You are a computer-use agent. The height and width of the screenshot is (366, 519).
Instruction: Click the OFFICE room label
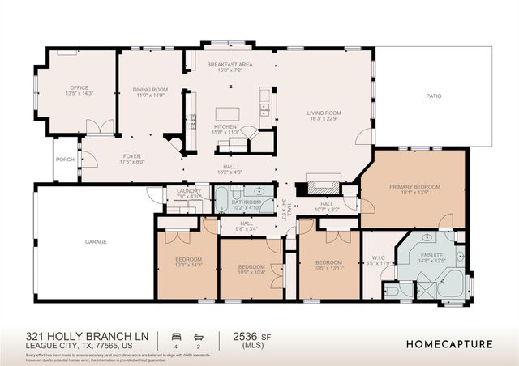[79, 87]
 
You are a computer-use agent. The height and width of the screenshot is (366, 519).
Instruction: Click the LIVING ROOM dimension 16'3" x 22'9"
[323, 119]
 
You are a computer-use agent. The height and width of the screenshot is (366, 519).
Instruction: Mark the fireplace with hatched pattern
[316, 183]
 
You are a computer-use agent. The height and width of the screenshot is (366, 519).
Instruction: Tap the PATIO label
[435, 96]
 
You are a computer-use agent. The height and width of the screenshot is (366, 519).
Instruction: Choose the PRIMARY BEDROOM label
[414, 187]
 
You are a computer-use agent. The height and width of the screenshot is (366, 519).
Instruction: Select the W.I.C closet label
[379, 259]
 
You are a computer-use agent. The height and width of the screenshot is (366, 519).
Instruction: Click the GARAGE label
[97, 241]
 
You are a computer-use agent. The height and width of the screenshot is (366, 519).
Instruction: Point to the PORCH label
[66, 160]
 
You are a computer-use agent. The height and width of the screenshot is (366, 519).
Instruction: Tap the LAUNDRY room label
[188, 191]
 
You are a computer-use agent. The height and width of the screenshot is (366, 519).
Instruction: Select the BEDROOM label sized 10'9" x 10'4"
[251, 266]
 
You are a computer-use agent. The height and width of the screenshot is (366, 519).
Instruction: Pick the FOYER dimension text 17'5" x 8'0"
[132, 162]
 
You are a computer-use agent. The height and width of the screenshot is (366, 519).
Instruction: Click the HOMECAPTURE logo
[449, 343]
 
